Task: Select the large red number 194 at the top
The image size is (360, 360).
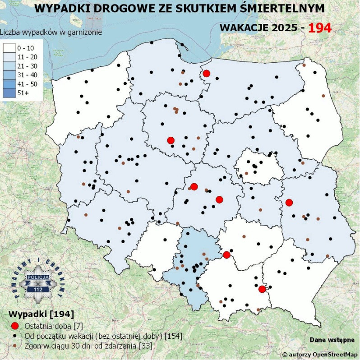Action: [320, 28]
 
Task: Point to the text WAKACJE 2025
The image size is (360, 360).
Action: [258, 28]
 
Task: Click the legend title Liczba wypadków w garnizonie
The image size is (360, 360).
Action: [51, 32]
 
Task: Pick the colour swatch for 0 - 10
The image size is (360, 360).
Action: [9, 47]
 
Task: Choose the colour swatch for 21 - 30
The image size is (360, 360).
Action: [9, 66]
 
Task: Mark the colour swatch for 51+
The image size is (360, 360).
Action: [9, 93]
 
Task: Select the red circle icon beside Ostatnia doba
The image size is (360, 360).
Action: [15, 326]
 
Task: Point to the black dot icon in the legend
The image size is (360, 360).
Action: [15, 336]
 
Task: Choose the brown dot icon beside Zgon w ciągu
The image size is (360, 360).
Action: [15, 346]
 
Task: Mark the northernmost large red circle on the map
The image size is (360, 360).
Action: [206, 74]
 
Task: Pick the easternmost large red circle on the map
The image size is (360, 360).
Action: [289, 203]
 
